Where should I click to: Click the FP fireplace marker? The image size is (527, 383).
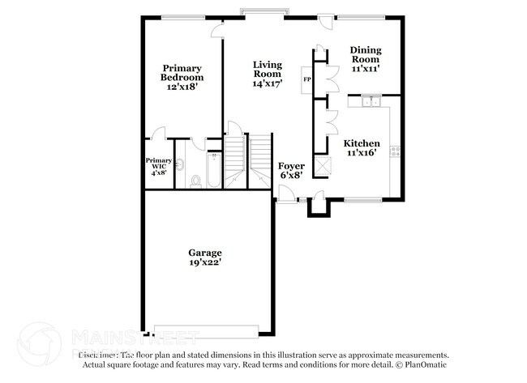click(x=306, y=79)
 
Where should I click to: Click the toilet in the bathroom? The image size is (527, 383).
click(x=195, y=179)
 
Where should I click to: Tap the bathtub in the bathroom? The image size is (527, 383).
click(x=214, y=169)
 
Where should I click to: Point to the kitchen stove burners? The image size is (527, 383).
click(x=396, y=150)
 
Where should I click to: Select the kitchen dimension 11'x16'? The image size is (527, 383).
click(x=362, y=152)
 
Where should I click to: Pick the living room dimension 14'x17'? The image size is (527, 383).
click(x=267, y=83)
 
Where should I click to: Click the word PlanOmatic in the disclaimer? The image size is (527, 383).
click(x=421, y=364)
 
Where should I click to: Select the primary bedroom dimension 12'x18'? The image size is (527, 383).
click(x=182, y=87)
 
